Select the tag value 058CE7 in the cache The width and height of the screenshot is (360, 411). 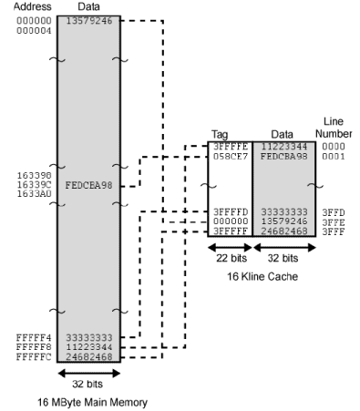(x=226, y=156)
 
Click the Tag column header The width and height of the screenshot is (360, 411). (x=220, y=134)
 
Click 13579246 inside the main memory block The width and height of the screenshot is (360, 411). (x=89, y=20)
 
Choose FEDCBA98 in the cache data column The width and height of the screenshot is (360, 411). (x=280, y=156)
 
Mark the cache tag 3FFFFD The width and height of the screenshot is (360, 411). (x=226, y=212)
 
